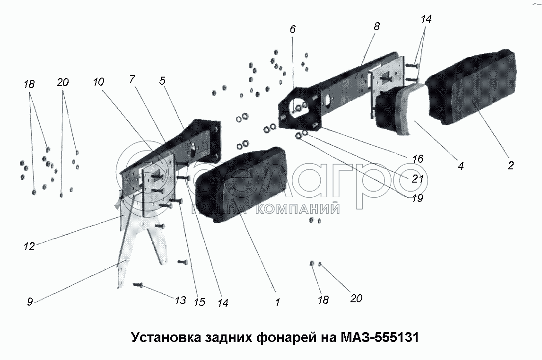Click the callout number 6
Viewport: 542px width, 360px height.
click(x=293, y=29)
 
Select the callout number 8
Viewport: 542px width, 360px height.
click(x=377, y=26)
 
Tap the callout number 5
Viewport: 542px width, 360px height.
click(x=163, y=80)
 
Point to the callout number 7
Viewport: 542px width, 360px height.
click(x=131, y=79)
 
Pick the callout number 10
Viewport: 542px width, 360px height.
click(x=98, y=82)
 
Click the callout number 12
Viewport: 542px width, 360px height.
click(x=29, y=246)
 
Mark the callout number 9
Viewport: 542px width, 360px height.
click(x=30, y=301)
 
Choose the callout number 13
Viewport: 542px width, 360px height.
click(x=181, y=300)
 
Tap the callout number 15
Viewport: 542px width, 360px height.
click(x=200, y=302)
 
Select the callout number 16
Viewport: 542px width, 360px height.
click(x=418, y=159)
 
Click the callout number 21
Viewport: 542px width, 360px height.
click(x=418, y=178)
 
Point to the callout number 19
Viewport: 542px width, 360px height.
click(x=418, y=198)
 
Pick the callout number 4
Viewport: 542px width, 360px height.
click(x=461, y=166)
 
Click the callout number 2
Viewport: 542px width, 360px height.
click(x=510, y=165)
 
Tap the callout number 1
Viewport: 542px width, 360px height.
click(x=277, y=302)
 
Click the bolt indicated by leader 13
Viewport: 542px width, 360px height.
click(x=138, y=285)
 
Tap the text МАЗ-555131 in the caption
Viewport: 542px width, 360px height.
click(x=379, y=337)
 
